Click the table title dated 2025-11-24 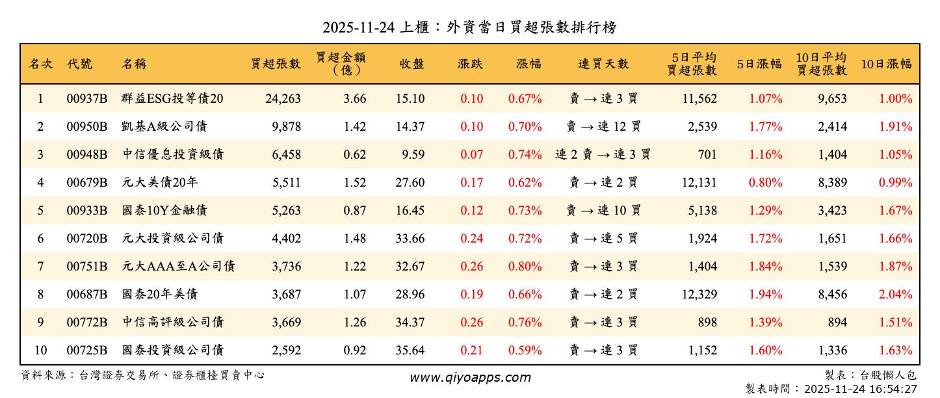point(469,27)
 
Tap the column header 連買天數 point(603,64)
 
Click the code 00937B point(86,99)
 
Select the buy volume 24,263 point(283,99)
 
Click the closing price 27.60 point(410,183)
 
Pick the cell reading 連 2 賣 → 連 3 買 point(603,155)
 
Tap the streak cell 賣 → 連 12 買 point(603,127)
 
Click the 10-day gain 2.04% point(895,295)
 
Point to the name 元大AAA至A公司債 point(178,267)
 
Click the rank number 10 point(40,351)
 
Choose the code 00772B point(86,323)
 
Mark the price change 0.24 point(471,239)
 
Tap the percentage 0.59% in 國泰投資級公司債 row point(525,351)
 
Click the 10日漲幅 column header point(886,64)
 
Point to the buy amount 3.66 point(355,99)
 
